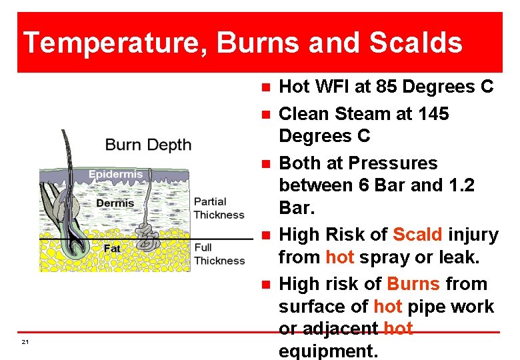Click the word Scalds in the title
(415, 43)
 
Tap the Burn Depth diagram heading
(148, 145)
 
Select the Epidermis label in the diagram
(115, 175)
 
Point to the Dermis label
(115, 203)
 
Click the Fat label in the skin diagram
(112, 248)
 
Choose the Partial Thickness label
(219, 208)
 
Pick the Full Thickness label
(219, 254)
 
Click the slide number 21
(25, 342)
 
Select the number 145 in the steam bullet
(433, 114)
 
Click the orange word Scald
(417, 235)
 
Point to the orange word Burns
(413, 284)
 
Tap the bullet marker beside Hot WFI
(265, 87)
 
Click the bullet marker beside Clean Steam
(265, 115)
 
